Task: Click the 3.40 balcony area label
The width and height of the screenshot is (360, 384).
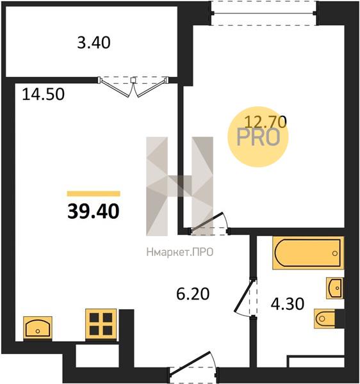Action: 94,43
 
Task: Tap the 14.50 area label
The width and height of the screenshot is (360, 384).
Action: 43,94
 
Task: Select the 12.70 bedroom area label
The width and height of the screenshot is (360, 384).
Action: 266,122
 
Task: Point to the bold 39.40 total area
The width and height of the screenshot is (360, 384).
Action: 94,211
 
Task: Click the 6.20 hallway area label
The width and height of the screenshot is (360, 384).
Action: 193,294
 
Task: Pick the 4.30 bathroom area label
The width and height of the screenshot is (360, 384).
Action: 288,304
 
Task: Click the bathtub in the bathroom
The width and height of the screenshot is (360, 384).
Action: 308,253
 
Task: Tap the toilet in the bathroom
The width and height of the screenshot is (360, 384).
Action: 325,319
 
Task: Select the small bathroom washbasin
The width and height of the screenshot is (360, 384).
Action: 335,288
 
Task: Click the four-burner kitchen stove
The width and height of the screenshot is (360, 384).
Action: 101,324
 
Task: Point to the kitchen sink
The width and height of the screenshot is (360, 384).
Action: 38,328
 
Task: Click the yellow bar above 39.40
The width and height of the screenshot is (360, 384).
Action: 94,194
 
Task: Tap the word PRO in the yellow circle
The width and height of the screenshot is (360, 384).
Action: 258,138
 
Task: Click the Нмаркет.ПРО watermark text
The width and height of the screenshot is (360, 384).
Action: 179,252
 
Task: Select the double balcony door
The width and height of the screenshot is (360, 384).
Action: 133,86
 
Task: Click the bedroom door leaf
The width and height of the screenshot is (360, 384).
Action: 207,221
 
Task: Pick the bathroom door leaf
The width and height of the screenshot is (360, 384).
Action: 243,295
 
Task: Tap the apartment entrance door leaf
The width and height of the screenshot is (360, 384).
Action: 190,362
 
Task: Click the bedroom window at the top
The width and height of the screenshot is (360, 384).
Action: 264,13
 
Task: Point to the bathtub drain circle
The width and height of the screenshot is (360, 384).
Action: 335,253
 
